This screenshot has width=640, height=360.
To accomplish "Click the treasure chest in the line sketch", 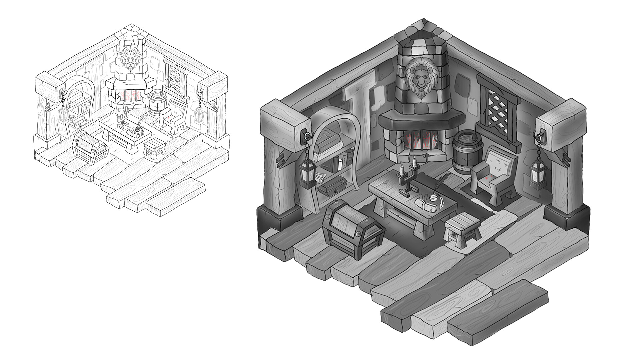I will click(89, 147).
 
